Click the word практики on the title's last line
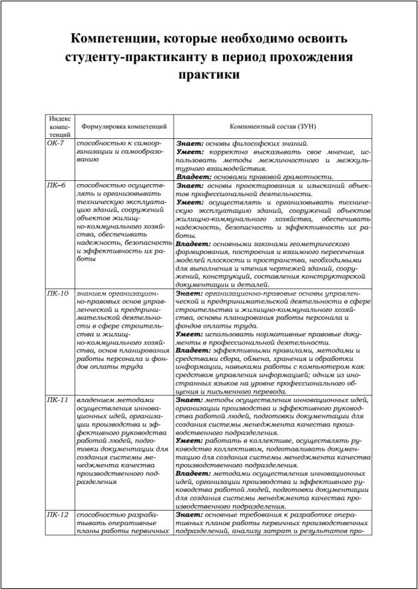(x=209, y=75)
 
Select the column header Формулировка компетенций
(x=124, y=126)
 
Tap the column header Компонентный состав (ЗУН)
(x=273, y=126)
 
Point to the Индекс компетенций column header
(x=60, y=126)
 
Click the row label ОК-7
(x=55, y=143)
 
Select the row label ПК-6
(x=56, y=185)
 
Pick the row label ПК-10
(x=58, y=293)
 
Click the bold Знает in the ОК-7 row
(x=190, y=143)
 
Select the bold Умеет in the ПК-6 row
(x=190, y=201)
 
